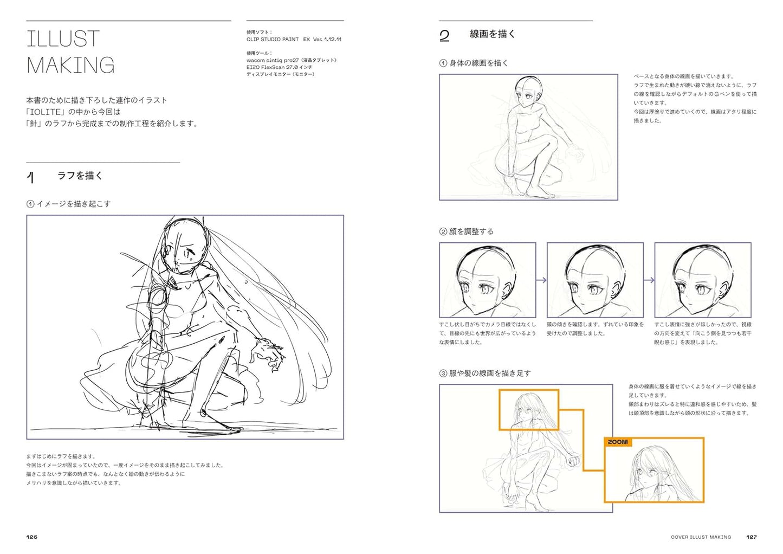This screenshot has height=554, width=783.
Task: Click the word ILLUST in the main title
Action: (63, 38)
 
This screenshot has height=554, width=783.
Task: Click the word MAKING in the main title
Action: (70, 65)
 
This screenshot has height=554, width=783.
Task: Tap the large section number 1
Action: (31, 177)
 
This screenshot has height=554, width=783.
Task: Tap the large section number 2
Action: (444, 36)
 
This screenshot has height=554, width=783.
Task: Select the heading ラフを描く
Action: (80, 175)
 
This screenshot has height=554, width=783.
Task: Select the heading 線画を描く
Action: (493, 34)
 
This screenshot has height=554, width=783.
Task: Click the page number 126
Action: (31, 537)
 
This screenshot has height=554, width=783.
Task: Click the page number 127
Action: (752, 537)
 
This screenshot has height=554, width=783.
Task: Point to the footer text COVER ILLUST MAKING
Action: (701, 537)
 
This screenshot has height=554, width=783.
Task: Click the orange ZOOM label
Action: (618, 442)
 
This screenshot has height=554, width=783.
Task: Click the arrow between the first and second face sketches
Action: (541, 280)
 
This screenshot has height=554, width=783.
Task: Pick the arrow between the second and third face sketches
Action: (649, 280)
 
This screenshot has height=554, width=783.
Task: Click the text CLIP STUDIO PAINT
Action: (273, 39)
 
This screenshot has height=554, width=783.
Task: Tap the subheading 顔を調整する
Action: (471, 231)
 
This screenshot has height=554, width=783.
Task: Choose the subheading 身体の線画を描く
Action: (478, 63)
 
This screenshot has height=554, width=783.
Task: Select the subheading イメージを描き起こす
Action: (73, 204)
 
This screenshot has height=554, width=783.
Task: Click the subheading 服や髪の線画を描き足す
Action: (490, 373)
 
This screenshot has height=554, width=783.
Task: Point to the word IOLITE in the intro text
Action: (46, 112)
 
